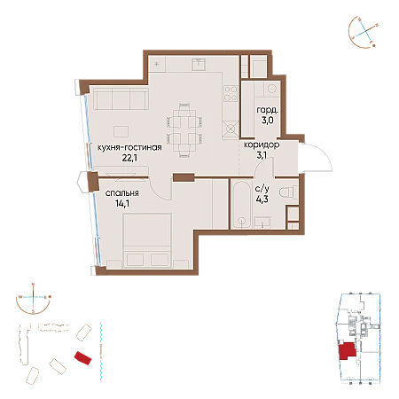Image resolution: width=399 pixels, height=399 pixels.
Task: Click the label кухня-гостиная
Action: point(129,147)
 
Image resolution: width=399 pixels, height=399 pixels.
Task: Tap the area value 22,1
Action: point(129,158)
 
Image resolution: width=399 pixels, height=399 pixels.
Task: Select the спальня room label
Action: point(122,193)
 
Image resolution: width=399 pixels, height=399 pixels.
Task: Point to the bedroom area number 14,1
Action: point(122,203)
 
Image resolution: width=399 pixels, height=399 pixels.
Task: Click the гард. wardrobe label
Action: point(267,111)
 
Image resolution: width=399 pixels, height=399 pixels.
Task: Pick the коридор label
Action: point(262,145)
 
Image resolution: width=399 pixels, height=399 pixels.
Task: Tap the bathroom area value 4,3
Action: point(262,199)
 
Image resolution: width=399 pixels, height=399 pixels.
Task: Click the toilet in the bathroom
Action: point(289,192)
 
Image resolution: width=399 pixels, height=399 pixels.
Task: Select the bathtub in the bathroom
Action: point(242,204)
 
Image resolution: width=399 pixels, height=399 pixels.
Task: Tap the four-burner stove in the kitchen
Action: point(231,93)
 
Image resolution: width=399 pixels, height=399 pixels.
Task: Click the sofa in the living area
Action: point(121,99)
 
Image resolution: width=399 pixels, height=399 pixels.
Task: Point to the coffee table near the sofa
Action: point(121,131)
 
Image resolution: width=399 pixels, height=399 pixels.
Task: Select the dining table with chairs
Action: point(184,130)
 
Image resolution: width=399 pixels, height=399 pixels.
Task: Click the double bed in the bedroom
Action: point(147,241)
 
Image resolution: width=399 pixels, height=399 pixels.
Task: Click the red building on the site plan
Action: point(82,358)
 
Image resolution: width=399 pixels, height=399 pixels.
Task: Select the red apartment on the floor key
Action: point(348,351)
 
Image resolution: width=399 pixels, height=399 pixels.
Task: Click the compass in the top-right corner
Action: point(364,32)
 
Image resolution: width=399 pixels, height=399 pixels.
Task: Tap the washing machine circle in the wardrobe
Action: point(271,88)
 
